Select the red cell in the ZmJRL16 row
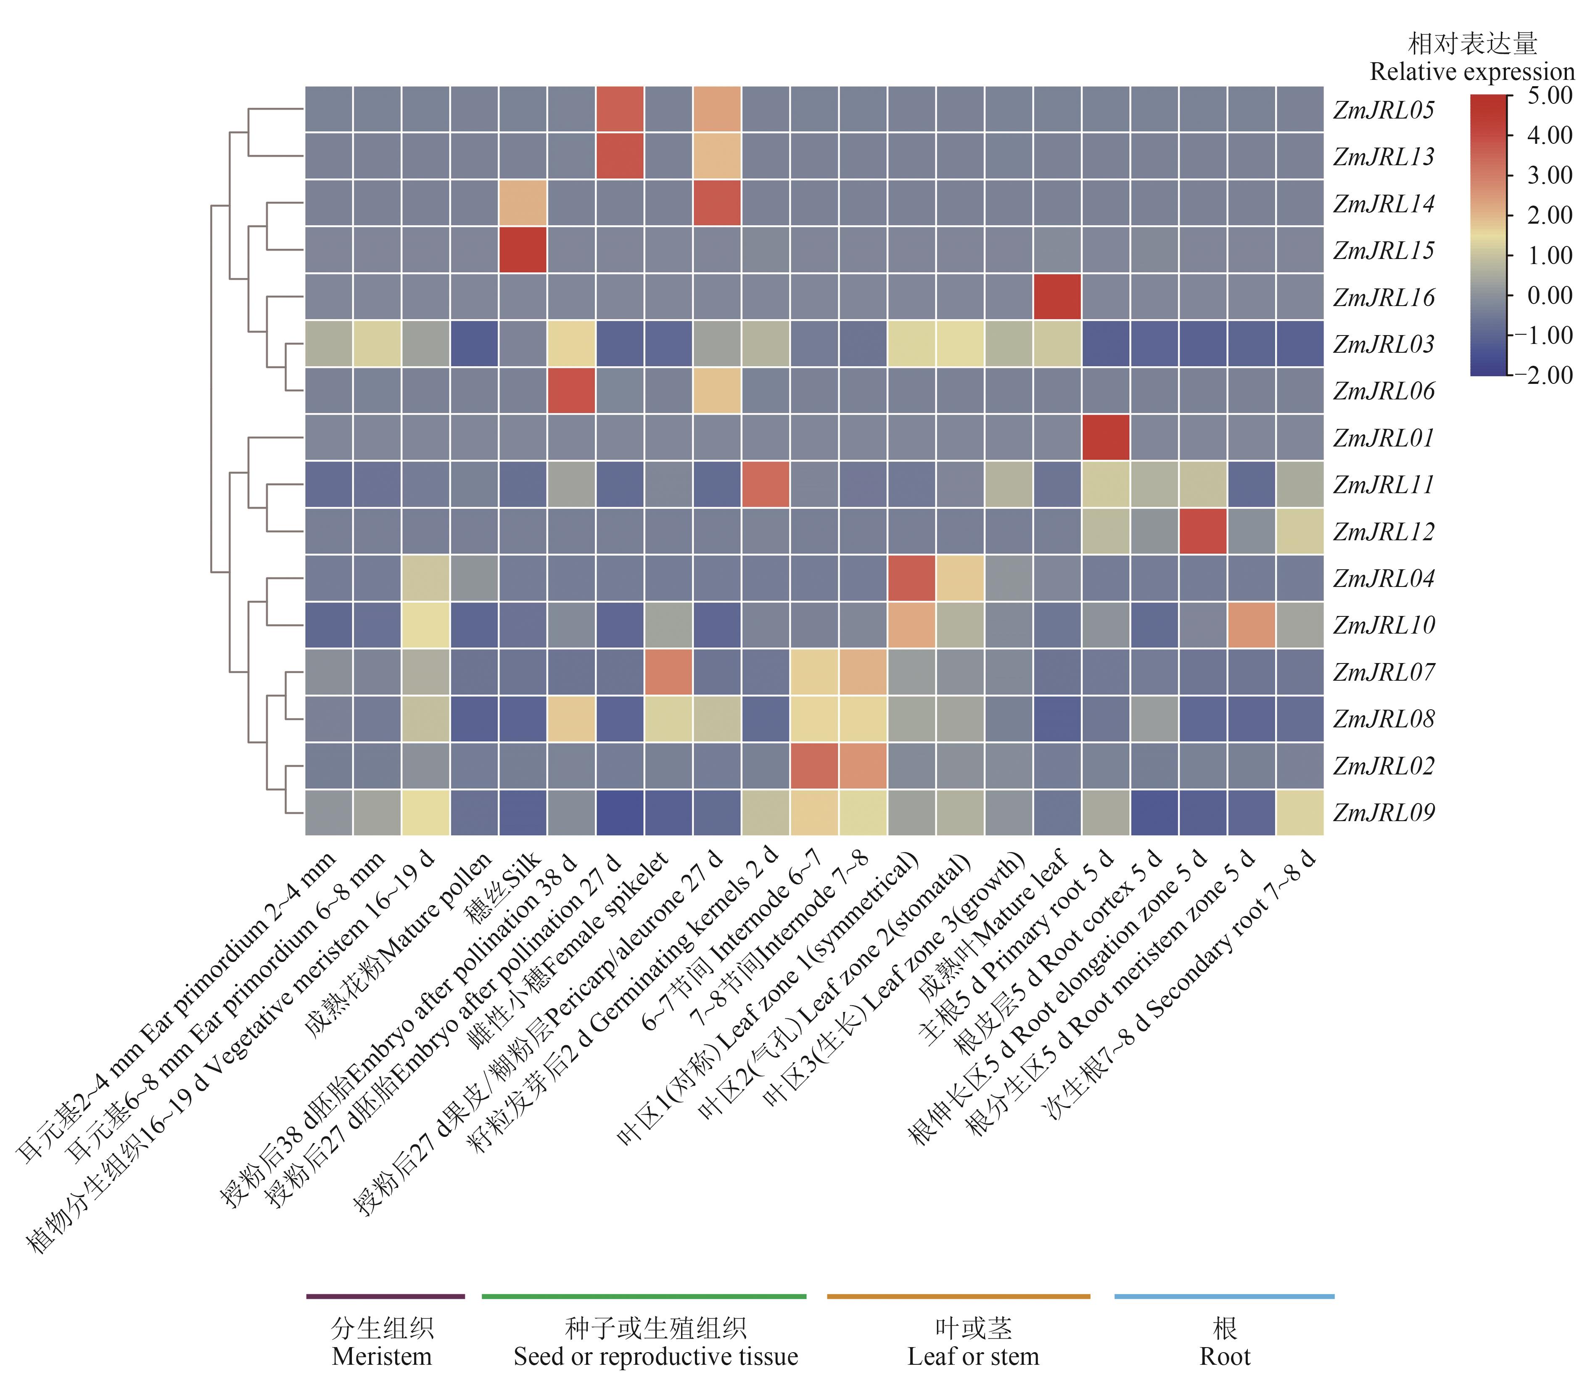coord(1056,296)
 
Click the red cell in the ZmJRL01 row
coord(1105,437)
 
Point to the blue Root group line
coord(1224,1295)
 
